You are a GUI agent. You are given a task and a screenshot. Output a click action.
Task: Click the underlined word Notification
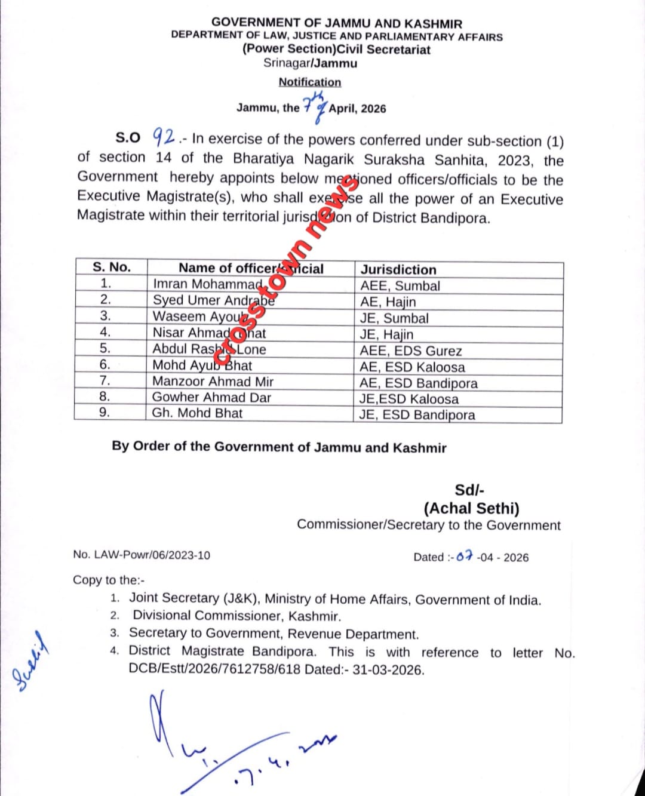pyautogui.click(x=309, y=82)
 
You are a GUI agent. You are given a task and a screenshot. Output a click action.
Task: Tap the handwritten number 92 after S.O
pyautogui.click(x=163, y=137)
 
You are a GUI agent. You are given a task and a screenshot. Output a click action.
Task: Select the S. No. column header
pyautogui.click(x=111, y=267)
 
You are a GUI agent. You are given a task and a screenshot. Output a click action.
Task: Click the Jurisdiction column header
pyautogui.click(x=398, y=269)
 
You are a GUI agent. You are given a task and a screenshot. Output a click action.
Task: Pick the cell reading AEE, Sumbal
pyautogui.click(x=400, y=286)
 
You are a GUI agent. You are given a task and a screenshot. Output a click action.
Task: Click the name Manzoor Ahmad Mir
pyautogui.click(x=213, y=381)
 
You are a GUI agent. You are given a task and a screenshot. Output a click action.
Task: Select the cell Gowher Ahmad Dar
pyautogui.click(x=211, y=397)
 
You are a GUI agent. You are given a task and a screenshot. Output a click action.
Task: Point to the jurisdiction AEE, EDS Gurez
pyautogui.click(x=410, y=351)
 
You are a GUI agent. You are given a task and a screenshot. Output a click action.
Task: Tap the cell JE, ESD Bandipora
pyautogui.click(x=417, y=415)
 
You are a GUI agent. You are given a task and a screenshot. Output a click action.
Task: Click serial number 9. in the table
pyautogui.click(x=105, y=413)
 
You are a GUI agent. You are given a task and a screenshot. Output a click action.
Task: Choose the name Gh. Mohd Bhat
pyautogui.click(x=197, y=413)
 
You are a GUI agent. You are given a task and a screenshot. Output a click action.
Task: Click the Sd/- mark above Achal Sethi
pyautogui.click(x=469, y=490)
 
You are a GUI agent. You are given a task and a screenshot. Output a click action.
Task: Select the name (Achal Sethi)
pyautogui.click(x=471, y=508)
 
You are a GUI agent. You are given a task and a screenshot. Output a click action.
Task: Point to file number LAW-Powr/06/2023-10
pyautogui.click(x=142, y=555)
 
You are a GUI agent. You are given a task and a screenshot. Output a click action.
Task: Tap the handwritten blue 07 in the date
pyautogui.click(x=465, y=557)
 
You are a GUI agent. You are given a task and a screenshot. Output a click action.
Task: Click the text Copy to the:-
pyautogui.click(x=109, y=580)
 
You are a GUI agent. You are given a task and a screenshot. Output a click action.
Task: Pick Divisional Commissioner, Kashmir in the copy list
pyautogui.click(x=237, y=616)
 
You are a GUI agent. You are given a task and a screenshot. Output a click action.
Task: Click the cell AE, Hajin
pyautogui.click(x=388, y=302)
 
